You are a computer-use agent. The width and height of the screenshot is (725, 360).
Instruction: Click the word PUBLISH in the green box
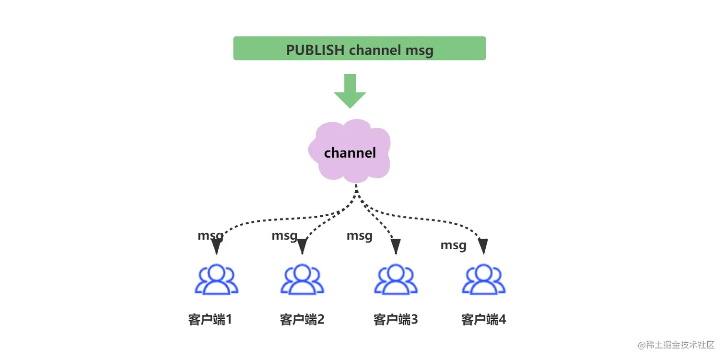tap(315, 50)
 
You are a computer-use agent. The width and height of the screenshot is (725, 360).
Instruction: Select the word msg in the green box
tap(419, 50)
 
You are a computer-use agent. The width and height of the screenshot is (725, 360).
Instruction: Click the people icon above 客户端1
tap(216, 279)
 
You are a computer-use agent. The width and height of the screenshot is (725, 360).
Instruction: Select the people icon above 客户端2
tap(302, 279)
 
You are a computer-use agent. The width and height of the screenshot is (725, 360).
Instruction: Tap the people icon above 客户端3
tap(396, 279)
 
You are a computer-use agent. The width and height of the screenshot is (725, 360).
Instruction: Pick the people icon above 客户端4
tap(483, 279)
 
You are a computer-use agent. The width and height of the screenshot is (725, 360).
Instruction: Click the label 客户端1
tap(210, 319)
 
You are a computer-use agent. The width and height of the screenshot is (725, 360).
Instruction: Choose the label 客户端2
tap(302, 319)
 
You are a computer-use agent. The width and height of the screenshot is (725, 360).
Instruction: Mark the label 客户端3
tap(396, 319)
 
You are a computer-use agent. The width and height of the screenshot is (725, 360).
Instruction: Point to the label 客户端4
tap(483, 319)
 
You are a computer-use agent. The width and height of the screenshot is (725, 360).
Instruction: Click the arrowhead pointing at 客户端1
tap(216, 246)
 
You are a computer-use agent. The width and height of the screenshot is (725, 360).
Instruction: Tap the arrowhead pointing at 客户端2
tap(302, 246)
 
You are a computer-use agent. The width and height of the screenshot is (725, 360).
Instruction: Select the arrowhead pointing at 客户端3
tap(396, 246)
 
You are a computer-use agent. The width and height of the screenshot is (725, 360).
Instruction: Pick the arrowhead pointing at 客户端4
tap(483, 246)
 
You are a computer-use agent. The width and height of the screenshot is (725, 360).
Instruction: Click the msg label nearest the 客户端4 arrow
tap(453, 245)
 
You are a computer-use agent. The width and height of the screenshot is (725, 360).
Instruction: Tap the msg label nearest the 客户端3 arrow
tap(359, 235)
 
